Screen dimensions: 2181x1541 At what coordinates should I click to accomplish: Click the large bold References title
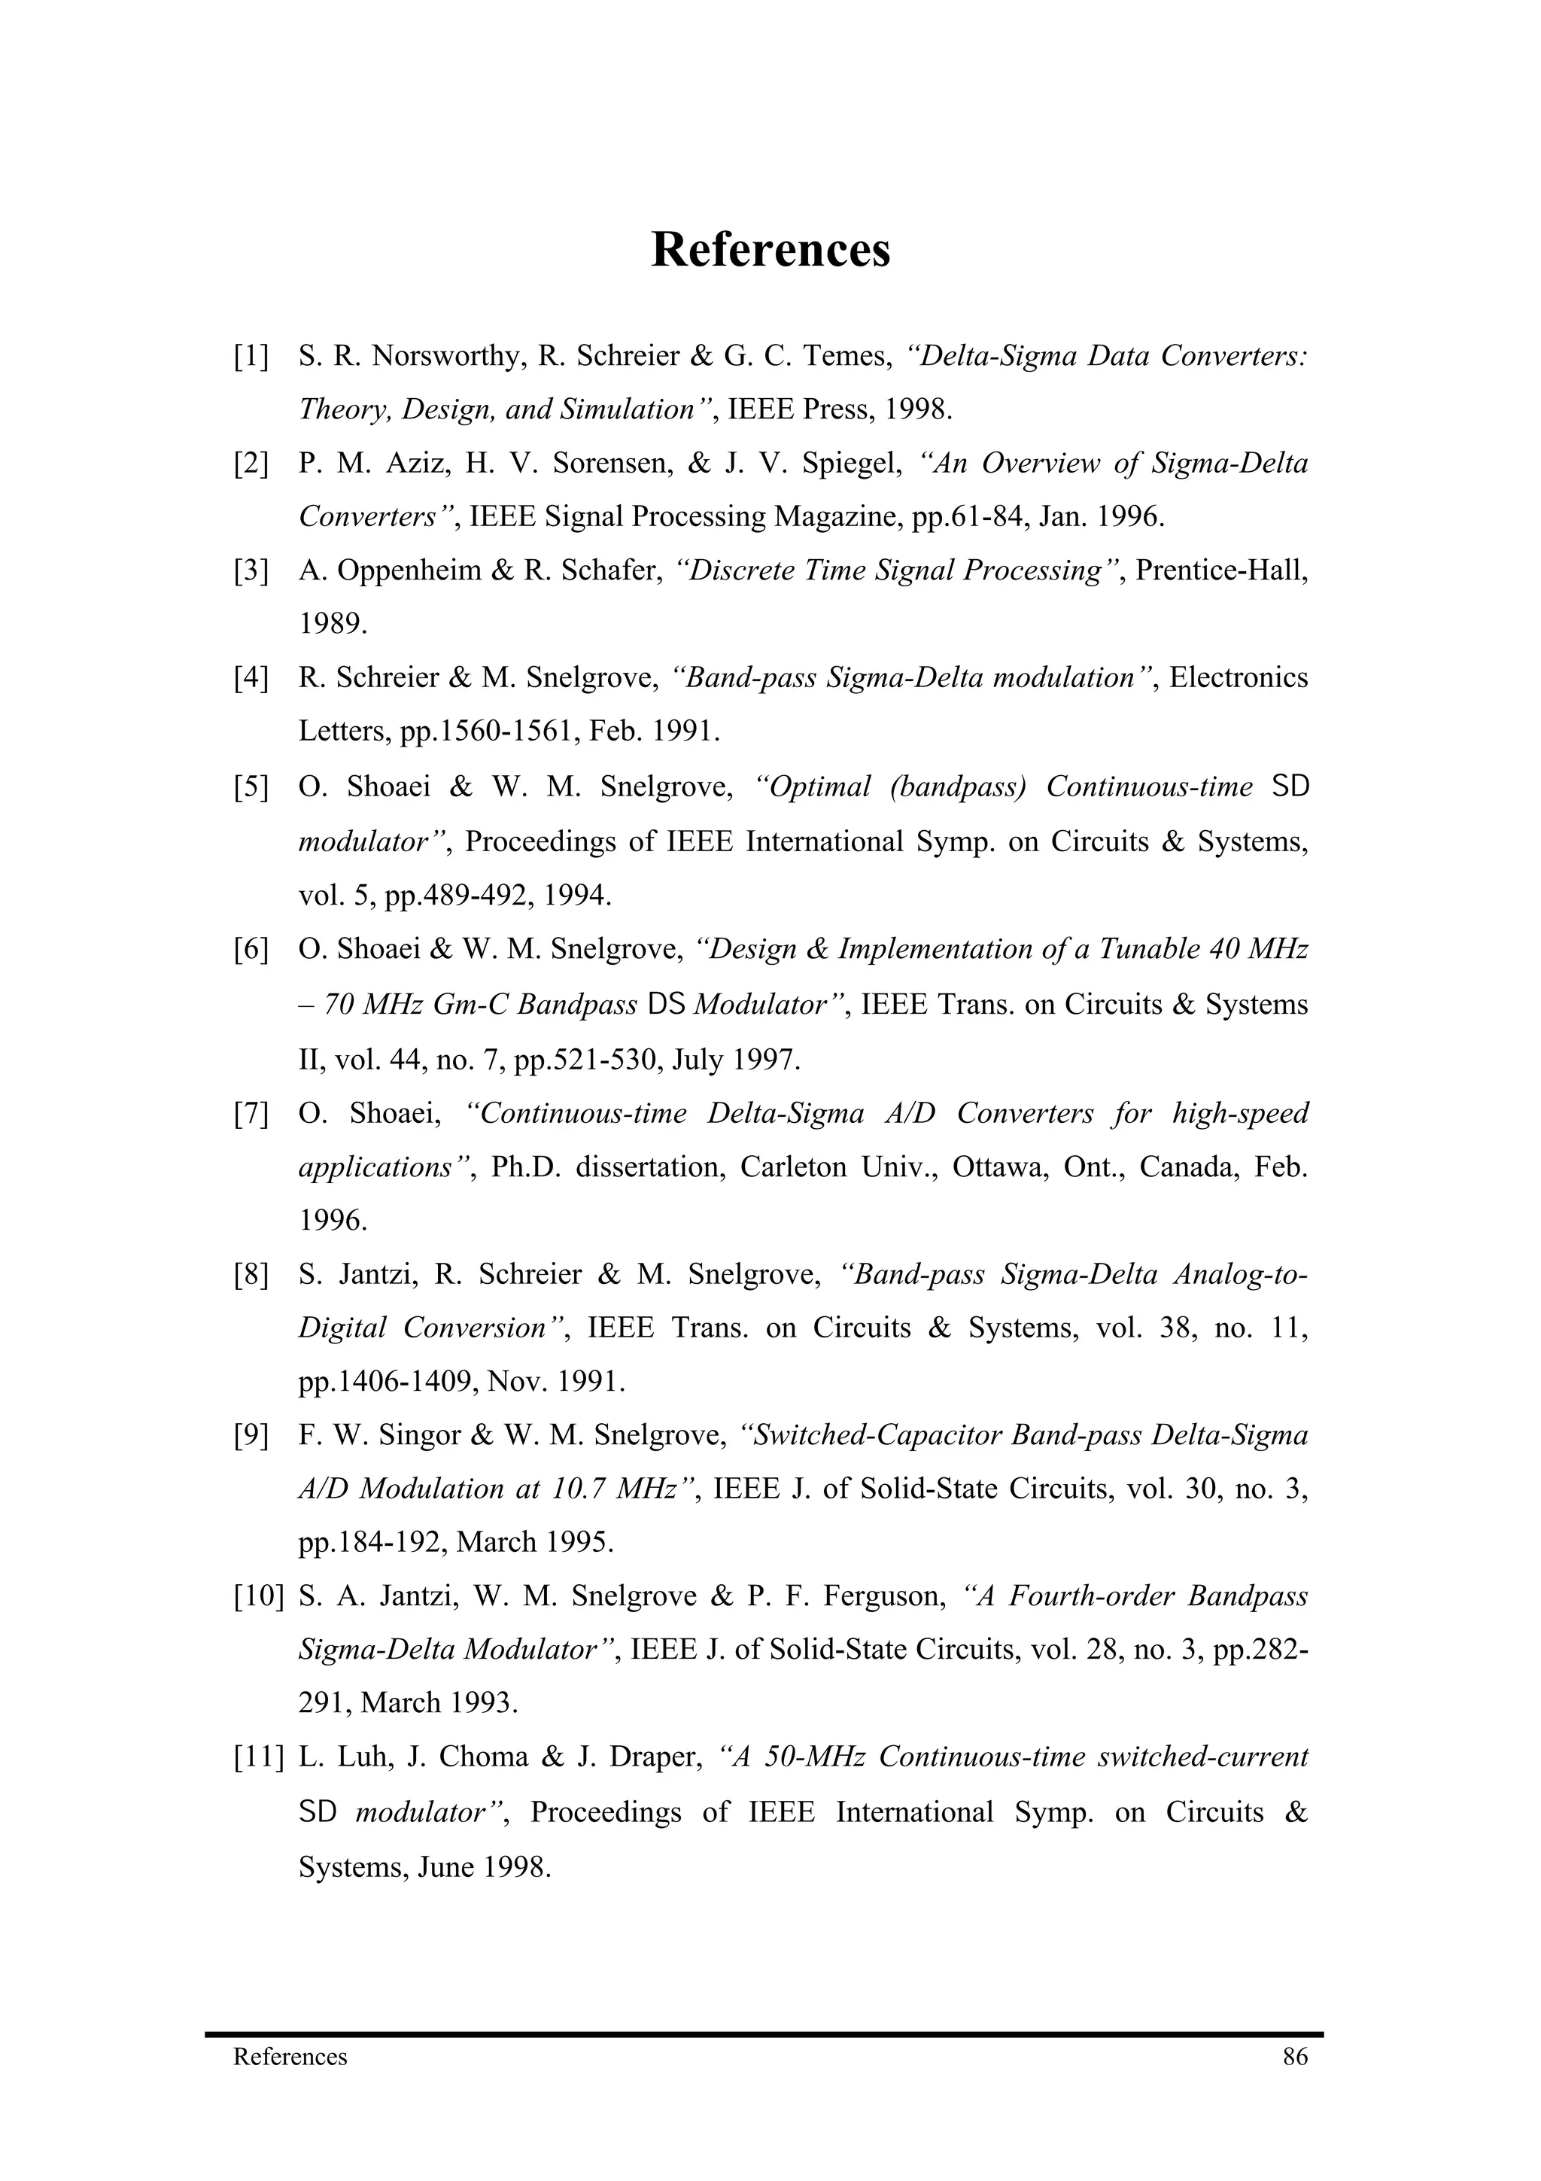point(770,250)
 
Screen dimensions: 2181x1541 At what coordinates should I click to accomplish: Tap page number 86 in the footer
point(1295,2057)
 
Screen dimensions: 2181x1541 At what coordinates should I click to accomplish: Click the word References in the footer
point(290,2057)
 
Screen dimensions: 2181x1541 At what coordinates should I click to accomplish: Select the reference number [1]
point(251,356)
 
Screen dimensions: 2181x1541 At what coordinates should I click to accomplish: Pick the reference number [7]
point(251,1113)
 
